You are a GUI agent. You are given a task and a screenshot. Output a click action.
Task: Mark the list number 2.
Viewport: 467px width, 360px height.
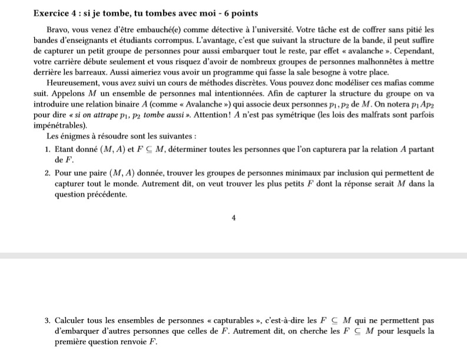(47, 173)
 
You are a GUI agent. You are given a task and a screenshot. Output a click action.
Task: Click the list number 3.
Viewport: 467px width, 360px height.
(47, 321)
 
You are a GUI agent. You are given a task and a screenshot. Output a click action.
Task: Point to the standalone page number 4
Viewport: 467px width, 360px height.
(234, 217)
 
